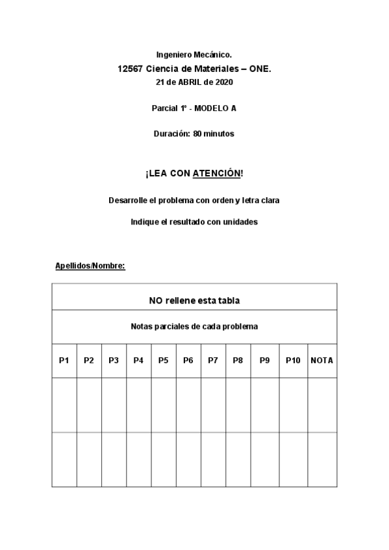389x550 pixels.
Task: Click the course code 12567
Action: click(x=131, y=69)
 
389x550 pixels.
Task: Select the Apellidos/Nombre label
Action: click(x=90, y=266)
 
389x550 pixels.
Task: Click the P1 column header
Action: click(x=64, y=361)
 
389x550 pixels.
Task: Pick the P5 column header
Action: click(x=163, y=361)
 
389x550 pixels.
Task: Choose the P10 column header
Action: click(x=293, y=361)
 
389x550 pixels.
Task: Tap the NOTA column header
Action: click(x=322, y=361)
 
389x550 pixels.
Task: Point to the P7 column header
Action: click(x=212, y=361)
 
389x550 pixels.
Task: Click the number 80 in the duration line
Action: click(x=197, y=134)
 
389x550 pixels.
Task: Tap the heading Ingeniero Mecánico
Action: click(x=194, y=56)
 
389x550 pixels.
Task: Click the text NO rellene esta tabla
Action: click(x=194, y=300)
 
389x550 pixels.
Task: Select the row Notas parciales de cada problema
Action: click(x=194, y=326)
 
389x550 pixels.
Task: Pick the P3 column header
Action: click(x=114, y=361)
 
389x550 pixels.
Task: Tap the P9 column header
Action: click(x=264, y=361)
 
